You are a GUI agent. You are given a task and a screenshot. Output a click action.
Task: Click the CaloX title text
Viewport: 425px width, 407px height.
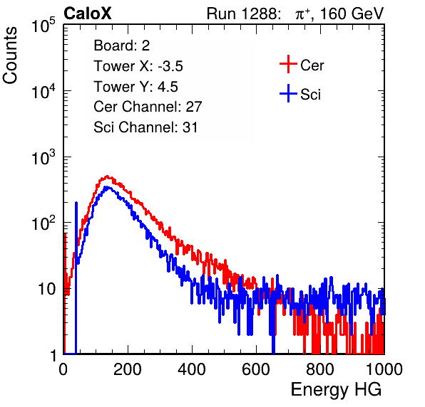87,14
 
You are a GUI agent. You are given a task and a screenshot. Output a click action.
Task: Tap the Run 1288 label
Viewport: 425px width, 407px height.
242,14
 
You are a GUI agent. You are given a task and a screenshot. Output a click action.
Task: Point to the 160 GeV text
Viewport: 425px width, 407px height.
352,14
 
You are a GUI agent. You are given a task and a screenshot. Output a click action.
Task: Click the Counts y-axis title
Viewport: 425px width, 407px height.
10,55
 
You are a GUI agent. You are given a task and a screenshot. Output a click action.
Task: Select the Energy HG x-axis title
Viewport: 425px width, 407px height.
336,389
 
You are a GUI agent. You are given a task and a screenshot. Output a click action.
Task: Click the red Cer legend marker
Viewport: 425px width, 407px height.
288,64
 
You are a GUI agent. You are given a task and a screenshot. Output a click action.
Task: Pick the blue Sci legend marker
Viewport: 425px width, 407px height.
288,93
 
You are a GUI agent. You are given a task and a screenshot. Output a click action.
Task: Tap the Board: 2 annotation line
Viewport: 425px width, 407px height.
122,46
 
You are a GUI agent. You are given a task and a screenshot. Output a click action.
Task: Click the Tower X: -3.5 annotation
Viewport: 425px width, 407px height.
138,66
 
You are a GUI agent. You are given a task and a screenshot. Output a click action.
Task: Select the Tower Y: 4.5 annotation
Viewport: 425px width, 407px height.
135,87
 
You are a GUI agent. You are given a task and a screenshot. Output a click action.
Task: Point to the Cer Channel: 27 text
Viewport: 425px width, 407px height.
148,107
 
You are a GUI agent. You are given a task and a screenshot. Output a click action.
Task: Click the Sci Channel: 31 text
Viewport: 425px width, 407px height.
145,127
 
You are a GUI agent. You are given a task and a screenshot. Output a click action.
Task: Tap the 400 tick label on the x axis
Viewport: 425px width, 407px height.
192,369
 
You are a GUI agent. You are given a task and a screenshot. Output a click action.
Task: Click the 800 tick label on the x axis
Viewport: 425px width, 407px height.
320,369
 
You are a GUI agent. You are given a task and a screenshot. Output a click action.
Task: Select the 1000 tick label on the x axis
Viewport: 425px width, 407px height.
384,369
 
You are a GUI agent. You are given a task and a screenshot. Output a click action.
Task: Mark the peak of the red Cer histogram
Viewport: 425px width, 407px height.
108,176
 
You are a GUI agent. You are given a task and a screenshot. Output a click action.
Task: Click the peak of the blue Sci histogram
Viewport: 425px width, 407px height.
108,187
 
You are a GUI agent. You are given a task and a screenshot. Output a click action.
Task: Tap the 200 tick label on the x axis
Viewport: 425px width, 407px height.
128,369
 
